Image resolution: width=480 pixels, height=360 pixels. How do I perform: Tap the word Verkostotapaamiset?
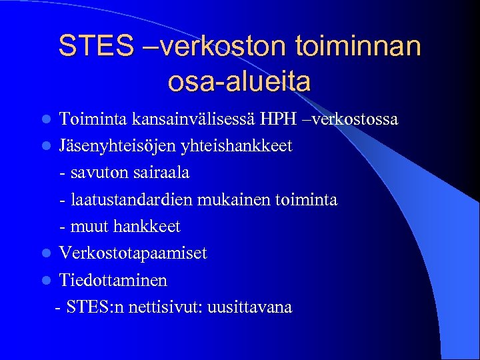point(133,253)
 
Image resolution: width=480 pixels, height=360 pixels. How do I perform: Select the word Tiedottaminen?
point(113,280)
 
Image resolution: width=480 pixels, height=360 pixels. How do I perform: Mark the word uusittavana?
point(249,307)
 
